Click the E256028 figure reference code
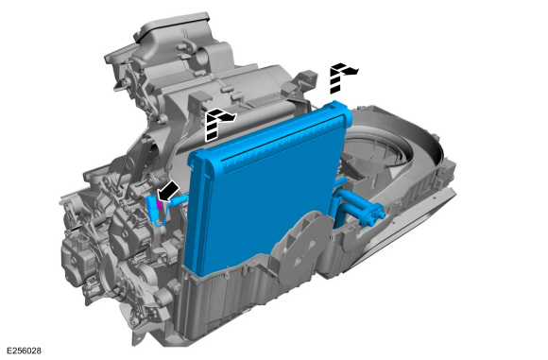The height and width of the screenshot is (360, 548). [x=25, y=351]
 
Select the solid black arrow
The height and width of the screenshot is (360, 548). [x=168, y=192]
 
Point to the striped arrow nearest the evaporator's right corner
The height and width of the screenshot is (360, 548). [x=341, y=77]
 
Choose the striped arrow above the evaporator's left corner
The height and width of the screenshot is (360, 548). [x=217, y=124]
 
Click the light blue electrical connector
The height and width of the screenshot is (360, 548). [x=153, y=208]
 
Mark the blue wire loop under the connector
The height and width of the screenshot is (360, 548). [x=163, y=219]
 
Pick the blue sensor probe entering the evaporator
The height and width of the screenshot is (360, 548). [x=180, y=200]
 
